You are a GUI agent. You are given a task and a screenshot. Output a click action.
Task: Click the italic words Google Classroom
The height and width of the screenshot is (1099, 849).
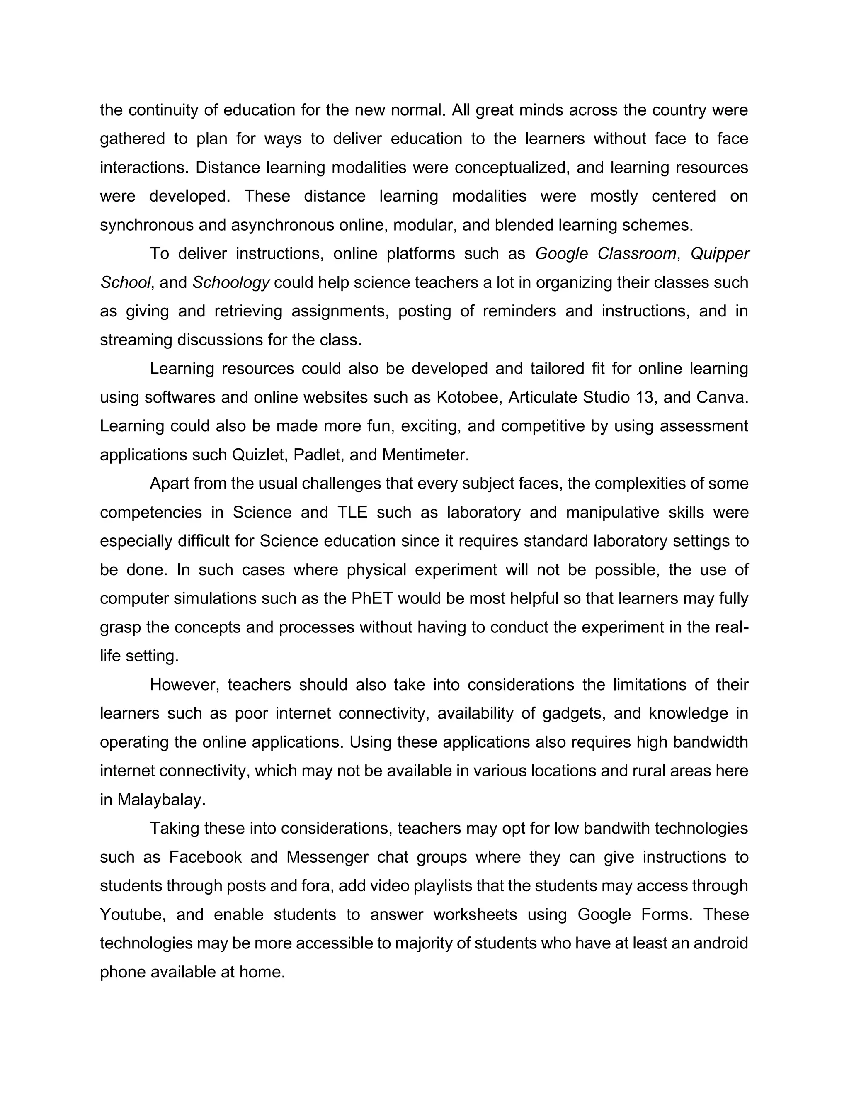606,254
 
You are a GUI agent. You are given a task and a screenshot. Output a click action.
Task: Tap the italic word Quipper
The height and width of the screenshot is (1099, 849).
720,254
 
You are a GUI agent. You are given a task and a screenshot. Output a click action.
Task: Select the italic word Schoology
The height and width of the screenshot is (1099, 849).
231,283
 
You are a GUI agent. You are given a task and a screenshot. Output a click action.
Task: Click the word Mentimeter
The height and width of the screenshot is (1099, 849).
424,455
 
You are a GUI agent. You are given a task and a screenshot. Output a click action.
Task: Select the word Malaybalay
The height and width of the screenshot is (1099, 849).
161,800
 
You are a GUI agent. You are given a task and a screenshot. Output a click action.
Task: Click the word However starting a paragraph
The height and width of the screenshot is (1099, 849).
184,685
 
